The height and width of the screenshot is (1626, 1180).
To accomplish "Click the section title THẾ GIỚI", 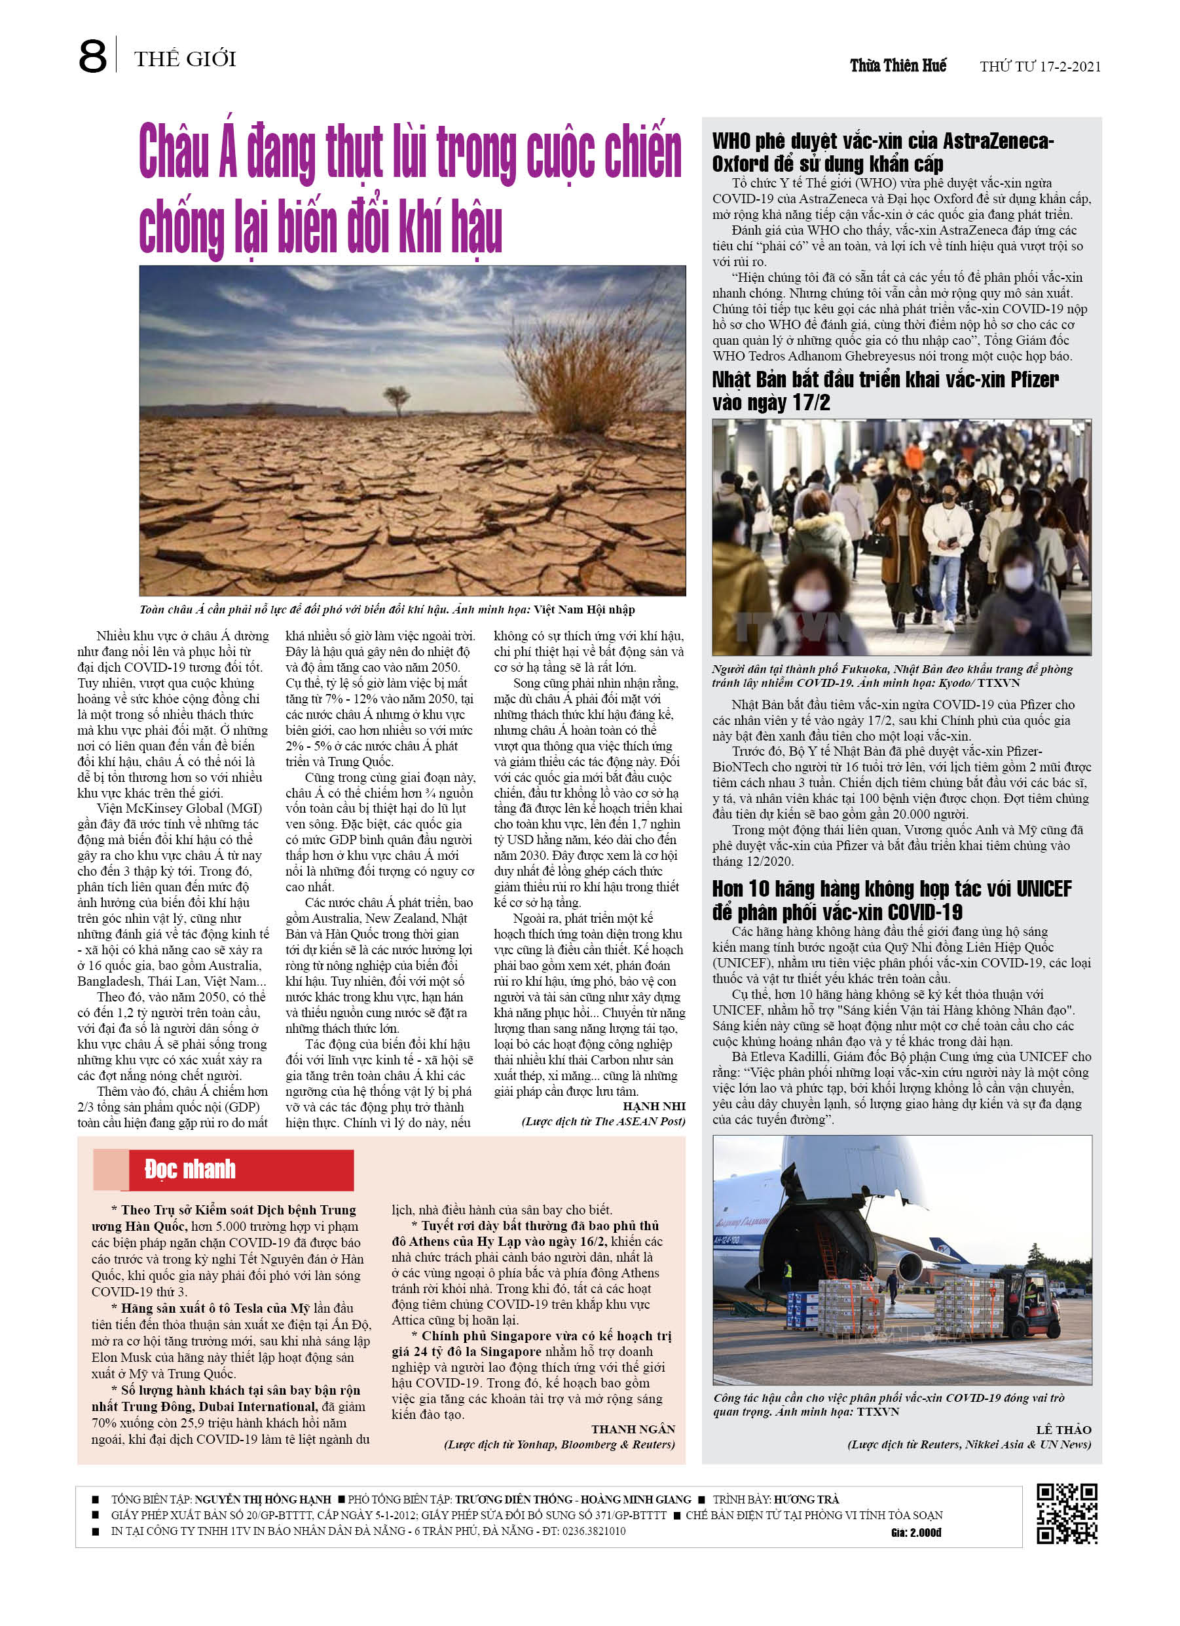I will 185,59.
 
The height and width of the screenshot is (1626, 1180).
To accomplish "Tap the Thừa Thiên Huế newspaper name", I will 898,66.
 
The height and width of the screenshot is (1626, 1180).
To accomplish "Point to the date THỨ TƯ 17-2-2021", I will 1040,67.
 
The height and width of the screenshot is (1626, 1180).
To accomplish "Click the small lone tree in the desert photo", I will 396,398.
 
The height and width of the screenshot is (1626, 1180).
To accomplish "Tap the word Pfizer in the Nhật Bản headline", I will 1034,380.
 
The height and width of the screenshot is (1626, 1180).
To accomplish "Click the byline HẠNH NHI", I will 654,1106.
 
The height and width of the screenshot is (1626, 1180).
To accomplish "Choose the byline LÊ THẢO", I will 1063,1429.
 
